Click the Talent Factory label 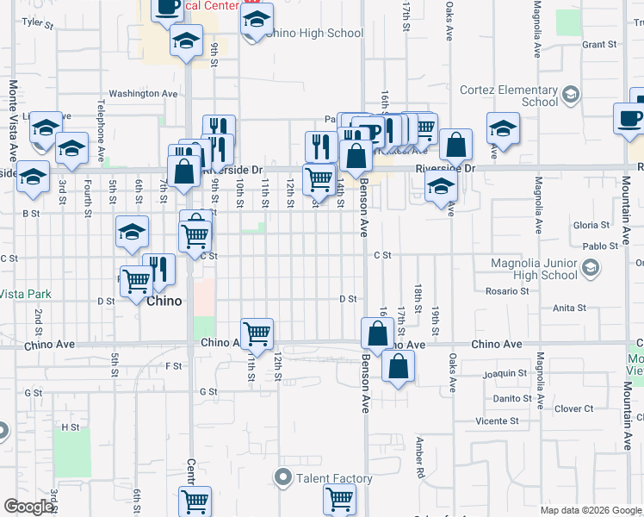point(333,478)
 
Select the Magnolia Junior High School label point(534,269)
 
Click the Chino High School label point(313,34)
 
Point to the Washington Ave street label point(143,93)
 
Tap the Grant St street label point(599,44)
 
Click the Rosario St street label point(506,291)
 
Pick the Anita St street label point(569,307)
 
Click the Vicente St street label point(497,421)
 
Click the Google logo point(28,507)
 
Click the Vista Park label point(26,294)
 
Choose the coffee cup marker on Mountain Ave point(629,118)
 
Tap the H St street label point(70,427)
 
